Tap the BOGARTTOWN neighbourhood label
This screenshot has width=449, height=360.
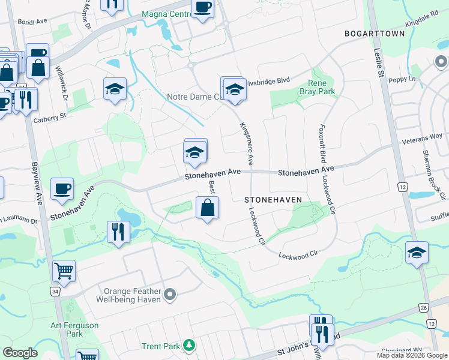coord(375,34)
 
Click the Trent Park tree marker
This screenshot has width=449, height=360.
coord(190,345)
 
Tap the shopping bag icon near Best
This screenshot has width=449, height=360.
coord(207,208)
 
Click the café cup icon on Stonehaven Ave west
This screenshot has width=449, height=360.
coord(62,189)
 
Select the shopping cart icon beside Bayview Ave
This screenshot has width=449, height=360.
coord(64,271)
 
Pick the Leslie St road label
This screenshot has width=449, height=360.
coord(378,62)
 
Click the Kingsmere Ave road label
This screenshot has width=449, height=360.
coord(246,144)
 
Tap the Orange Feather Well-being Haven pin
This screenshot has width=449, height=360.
coord(170,294)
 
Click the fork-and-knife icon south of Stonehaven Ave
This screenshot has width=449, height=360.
coord(118,231)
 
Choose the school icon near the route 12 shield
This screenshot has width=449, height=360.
coord(417,252)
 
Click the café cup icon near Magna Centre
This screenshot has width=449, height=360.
coord(202,7)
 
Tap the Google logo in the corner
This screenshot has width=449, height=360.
coord(20,353)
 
